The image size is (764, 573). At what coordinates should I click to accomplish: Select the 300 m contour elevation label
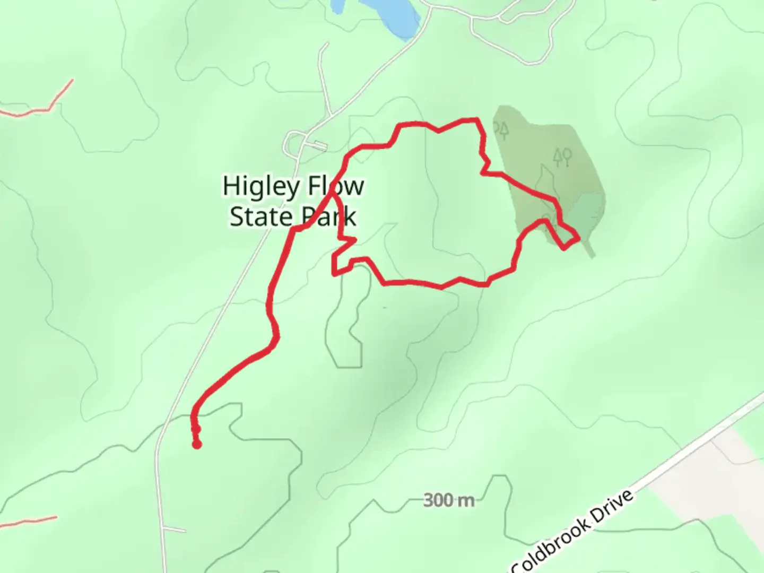449,500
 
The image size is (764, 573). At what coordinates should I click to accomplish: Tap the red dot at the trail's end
197,444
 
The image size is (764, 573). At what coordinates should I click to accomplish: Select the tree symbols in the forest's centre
562,157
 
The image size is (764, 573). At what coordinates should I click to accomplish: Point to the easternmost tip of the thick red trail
578,238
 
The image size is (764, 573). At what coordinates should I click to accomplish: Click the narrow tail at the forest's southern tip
589,249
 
